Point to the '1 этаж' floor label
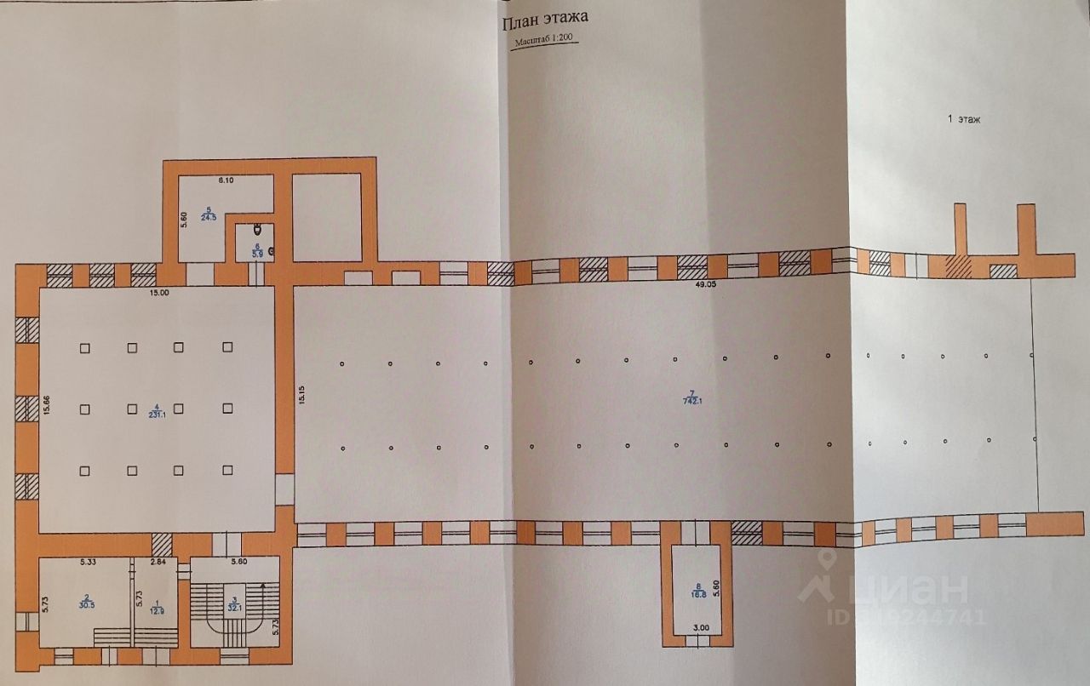pyautogui.click(x=964, y=120)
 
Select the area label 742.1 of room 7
pyautogui.click(x=692, y=401)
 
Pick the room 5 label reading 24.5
pyautogui.click(x=209, y=216)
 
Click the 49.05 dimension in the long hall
pyautogui.click(x=703, y=287)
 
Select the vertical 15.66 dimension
pyautogui.click(x=48, y=407)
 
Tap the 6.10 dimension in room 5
pyautogui.click(x=226, y=180)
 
